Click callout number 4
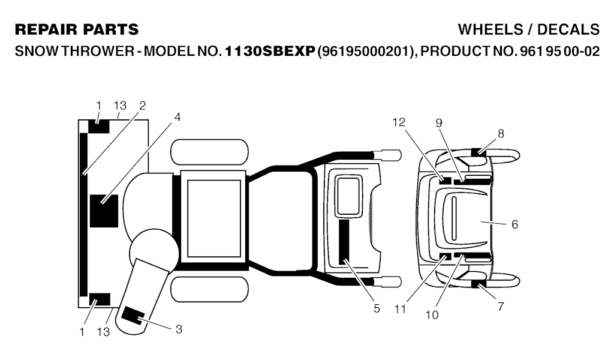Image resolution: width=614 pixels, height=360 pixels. [177, 117]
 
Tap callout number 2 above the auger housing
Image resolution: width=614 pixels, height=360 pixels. [143, 106]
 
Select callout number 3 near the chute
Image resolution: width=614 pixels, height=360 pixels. [179, 329]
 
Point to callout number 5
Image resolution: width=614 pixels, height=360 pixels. [377, 308]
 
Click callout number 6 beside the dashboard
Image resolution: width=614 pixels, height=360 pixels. [514, 224]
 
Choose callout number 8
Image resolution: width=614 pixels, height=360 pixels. [501, 134]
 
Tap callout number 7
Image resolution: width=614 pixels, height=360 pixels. [501, 307]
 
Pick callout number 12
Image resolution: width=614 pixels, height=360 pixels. [399, 122]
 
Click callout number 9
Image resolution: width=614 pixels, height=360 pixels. [438, 123]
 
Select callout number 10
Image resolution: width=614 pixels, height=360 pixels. [432, 315]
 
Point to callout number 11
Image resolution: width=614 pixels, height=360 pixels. [400, 310]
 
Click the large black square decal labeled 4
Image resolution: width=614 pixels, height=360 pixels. [104, 211]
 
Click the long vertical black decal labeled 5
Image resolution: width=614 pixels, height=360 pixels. [344, 242]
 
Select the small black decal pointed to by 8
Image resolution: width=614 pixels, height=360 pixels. [478, 152]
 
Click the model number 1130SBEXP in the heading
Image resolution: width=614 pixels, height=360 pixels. [270, 52]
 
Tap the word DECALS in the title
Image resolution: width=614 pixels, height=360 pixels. [568, 30]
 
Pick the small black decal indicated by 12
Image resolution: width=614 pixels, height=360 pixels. [445, 181]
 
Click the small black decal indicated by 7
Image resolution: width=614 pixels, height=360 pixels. [478, 284]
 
